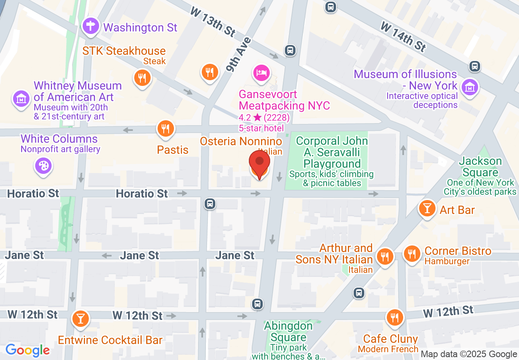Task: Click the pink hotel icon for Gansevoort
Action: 262,73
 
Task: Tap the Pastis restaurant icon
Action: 165,129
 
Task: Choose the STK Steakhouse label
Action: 124,51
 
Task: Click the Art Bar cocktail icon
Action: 427,209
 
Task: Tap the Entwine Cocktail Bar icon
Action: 80,318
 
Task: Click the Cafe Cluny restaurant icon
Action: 395,317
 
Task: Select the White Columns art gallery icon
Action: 43,166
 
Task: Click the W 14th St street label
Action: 403,37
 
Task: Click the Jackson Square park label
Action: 480,161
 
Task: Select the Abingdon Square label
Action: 288,332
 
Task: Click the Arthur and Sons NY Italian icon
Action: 384,256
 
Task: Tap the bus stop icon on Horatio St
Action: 210,203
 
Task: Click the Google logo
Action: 27,350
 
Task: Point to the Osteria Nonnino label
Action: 241,142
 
